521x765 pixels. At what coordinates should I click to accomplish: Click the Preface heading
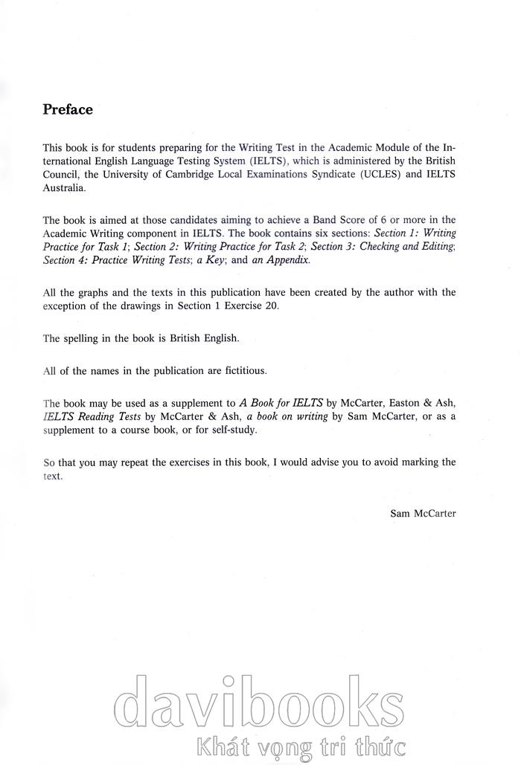[x=68, y=110]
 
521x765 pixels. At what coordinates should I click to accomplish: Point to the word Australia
[x=64, y=187]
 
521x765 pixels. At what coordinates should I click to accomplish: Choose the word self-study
[x=231, y=430]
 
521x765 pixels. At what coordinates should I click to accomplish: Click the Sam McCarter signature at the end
[x=423, y=513]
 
